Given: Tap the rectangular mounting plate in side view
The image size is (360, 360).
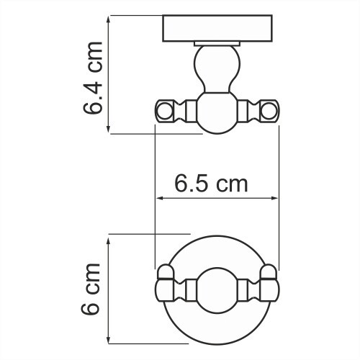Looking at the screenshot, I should (x=217, y=31).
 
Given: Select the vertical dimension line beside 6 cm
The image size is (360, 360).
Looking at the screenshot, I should (x=109, y=291).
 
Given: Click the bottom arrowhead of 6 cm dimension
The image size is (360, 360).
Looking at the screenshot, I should (x=109, y=343).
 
